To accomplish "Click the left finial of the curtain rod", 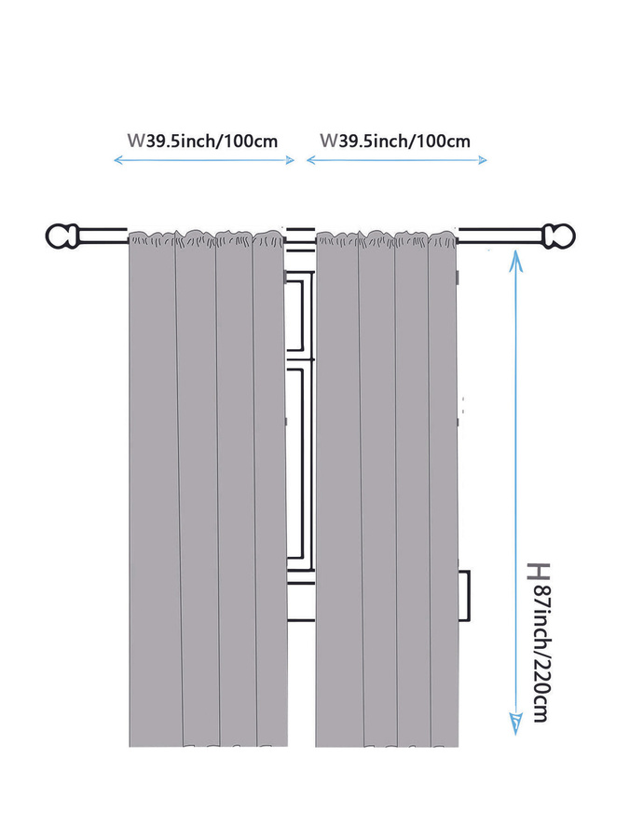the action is (62, 236).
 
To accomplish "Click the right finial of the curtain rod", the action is (559, 236).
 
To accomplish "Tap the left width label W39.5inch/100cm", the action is (202, 142).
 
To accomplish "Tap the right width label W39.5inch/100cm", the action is (395, 142).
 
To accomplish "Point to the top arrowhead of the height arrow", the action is (515, 258).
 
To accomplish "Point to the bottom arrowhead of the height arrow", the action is (515, 724).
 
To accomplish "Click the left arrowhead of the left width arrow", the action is (118, 160).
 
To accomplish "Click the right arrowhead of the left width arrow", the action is (289, 160).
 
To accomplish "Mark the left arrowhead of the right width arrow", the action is (311, 160).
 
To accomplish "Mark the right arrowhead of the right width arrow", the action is (481, 160).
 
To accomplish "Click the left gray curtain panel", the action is (208, 489).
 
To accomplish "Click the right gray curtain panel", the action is (387, 489).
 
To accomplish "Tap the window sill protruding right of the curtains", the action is (464, 596).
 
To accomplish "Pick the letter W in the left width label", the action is (136, 141).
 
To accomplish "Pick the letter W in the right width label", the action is (328, 141).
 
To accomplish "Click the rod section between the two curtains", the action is (301, 236).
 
